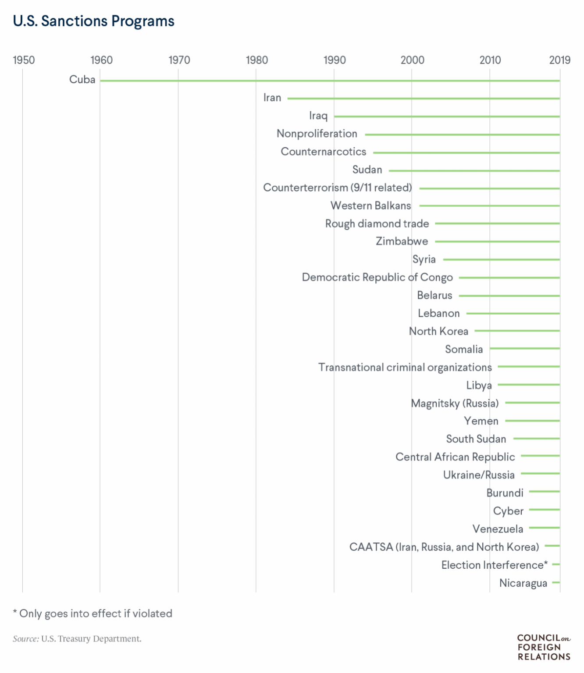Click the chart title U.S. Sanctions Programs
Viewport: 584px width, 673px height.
pyautogui.click(x=93, y=21)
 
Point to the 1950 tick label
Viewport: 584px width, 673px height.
pyautogui.click(x=24, y=60)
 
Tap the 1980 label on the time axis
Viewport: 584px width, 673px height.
pyautogui.click(x=256, y=60)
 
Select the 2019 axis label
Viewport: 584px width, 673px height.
pyautogui.click(x=559, y=60)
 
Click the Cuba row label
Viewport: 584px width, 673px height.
pyautogui.click(x=82, y=80)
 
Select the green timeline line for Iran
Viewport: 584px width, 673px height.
pyautogui.click(x=423, y=99)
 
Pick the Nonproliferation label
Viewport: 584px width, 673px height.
pyautogui.click(x=317, y=134)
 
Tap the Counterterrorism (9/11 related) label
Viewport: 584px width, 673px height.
pyautogui.click(x=337, y=188)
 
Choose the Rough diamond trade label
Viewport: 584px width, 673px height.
pyautogui.click(x=377, y=223)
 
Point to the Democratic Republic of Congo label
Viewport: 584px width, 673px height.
pyautogui.click(x=377, y=277)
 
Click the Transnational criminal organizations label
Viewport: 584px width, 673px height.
pyautogui.click(x=405, y=367)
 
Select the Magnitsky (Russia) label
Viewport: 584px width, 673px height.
pyautogui.click(x=455, y=403)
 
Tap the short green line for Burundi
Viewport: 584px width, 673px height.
pyautogui.click(x=544, y=492)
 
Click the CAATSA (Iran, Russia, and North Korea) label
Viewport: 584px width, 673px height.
pyautogui.click(x=444, y=547)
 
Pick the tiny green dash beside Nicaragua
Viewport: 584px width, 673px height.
pyautogui.click(x=556, y=582)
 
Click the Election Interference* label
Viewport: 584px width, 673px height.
pyautogui.click(x=494, y=565)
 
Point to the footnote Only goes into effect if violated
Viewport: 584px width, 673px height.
pyautogui.click(x=93, y=613)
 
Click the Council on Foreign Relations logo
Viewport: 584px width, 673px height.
pyautogui.click(x=544, y=647)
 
